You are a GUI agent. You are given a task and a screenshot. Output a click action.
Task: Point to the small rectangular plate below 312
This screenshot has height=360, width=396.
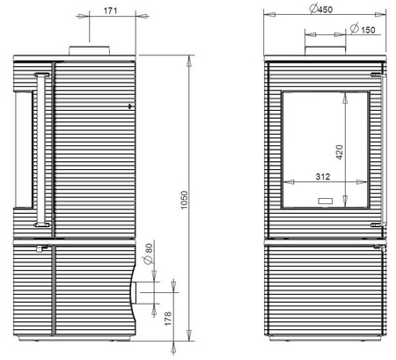point(325,201)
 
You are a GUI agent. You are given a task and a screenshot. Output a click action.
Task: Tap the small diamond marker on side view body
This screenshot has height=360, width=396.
point(130,107)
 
